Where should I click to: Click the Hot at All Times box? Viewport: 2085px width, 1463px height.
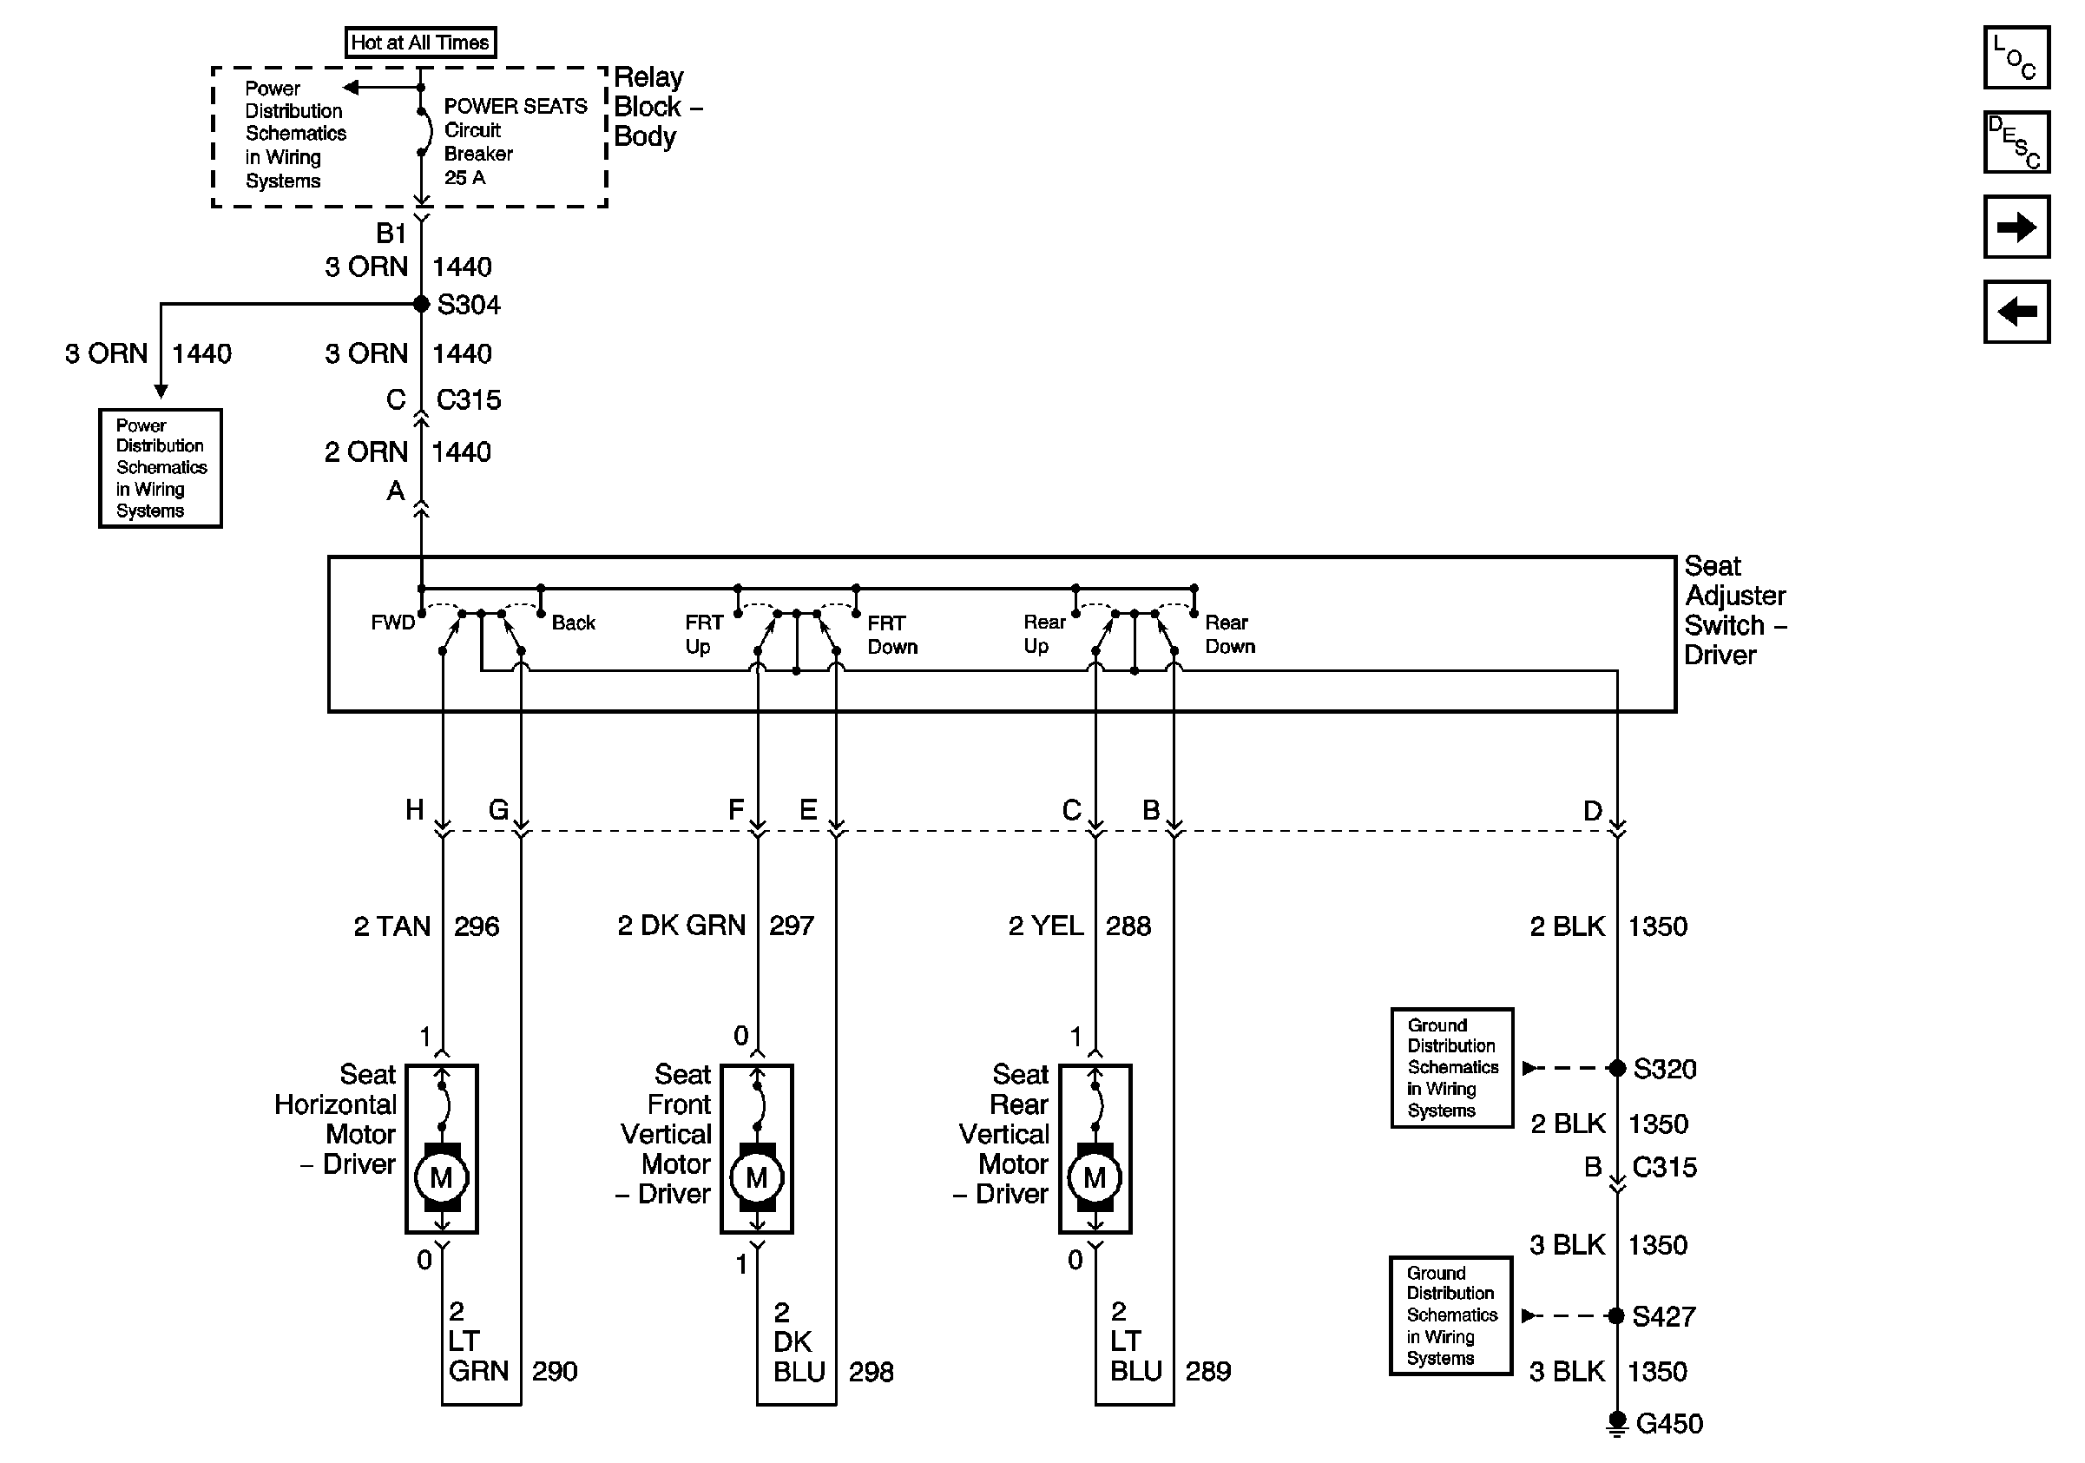(420, 43)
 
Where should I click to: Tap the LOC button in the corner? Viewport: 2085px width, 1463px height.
(2015, 58)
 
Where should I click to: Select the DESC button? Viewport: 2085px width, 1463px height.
(2015, 142)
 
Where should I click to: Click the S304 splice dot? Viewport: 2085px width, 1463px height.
(421, 304)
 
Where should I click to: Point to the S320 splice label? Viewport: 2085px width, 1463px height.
(1664, 1069)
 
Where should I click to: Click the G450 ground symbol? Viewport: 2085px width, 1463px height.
(1616, 1423)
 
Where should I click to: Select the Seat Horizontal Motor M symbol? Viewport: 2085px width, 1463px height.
(441, 1178)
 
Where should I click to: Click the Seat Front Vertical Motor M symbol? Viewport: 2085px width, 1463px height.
(756, 1178)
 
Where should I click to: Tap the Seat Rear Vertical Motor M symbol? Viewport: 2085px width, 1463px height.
(1095, 1178)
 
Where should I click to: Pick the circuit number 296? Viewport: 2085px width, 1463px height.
(477, 926)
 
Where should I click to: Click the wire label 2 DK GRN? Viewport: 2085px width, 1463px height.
(681, 926)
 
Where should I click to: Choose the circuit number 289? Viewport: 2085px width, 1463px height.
(1207, 1371)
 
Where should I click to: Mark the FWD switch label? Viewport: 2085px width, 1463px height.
(392, 623)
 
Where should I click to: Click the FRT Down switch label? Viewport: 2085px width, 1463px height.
(891, 635)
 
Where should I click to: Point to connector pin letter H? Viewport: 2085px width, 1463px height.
(414, 810)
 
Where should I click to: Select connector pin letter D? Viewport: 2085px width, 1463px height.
(1593, 811)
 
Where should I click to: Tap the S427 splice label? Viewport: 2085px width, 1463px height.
(1664, 1316)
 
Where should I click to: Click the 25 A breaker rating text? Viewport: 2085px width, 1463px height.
(464, 178)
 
